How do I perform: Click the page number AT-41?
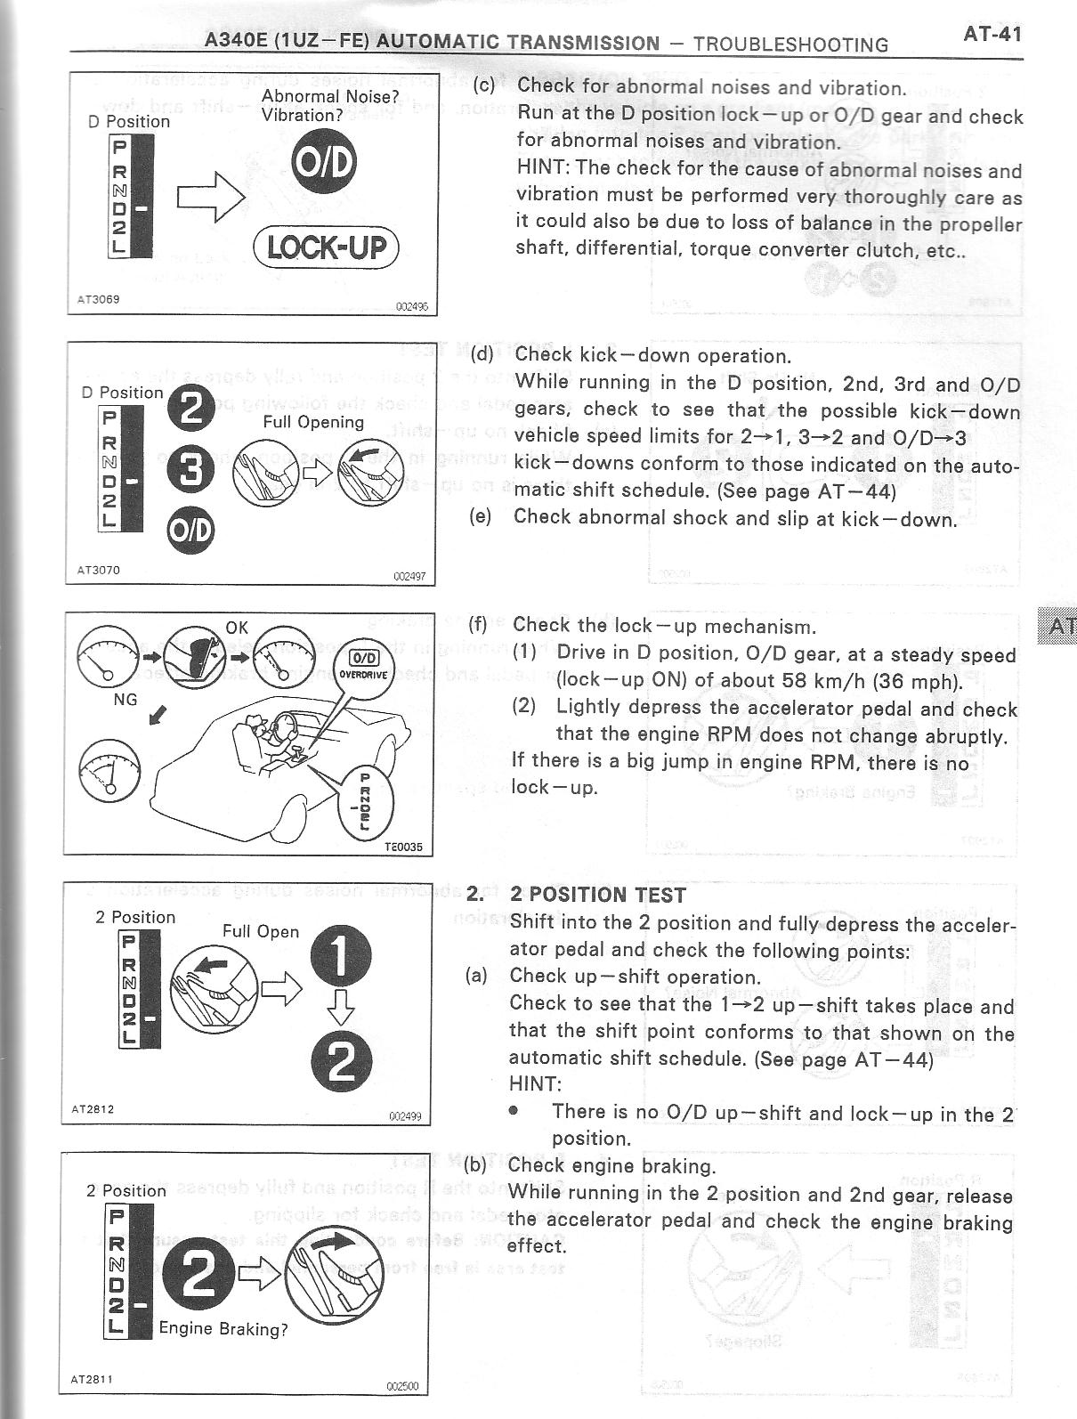[x=992, y=35]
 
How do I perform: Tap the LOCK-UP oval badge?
[x=327, y=247]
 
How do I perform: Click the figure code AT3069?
[x=99, y=299]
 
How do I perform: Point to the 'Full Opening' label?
[x=313, y=422]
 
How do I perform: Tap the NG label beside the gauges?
[x=126, y=699]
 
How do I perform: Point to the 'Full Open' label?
[x=261, y=931]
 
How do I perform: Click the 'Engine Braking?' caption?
[x=223, y=1329]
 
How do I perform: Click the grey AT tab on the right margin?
[x=1058, y=626]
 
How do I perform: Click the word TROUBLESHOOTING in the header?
[x=790, y=45]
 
